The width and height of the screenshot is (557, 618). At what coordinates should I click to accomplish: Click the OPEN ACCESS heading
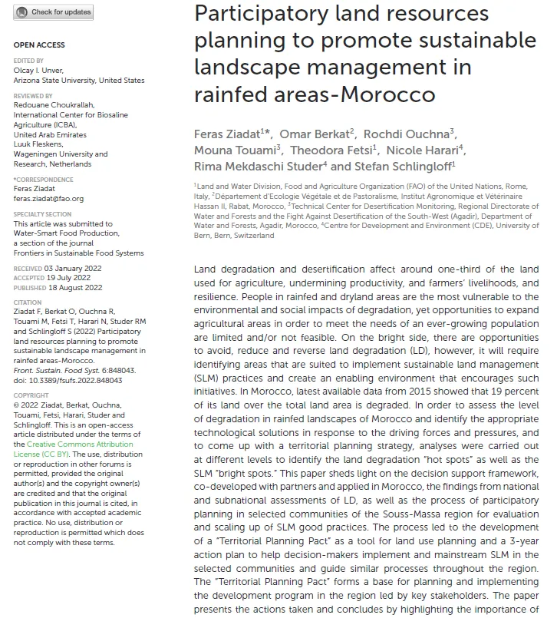[39, 45]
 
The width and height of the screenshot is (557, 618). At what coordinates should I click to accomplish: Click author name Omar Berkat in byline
[316, 134]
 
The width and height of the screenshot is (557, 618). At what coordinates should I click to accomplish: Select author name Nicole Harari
[424, 150]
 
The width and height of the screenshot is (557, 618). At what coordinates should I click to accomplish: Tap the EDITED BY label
[28, 61]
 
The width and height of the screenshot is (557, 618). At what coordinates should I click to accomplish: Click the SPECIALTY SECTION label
[42, 214]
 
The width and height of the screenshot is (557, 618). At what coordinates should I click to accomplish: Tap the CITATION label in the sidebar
[28, 303]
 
